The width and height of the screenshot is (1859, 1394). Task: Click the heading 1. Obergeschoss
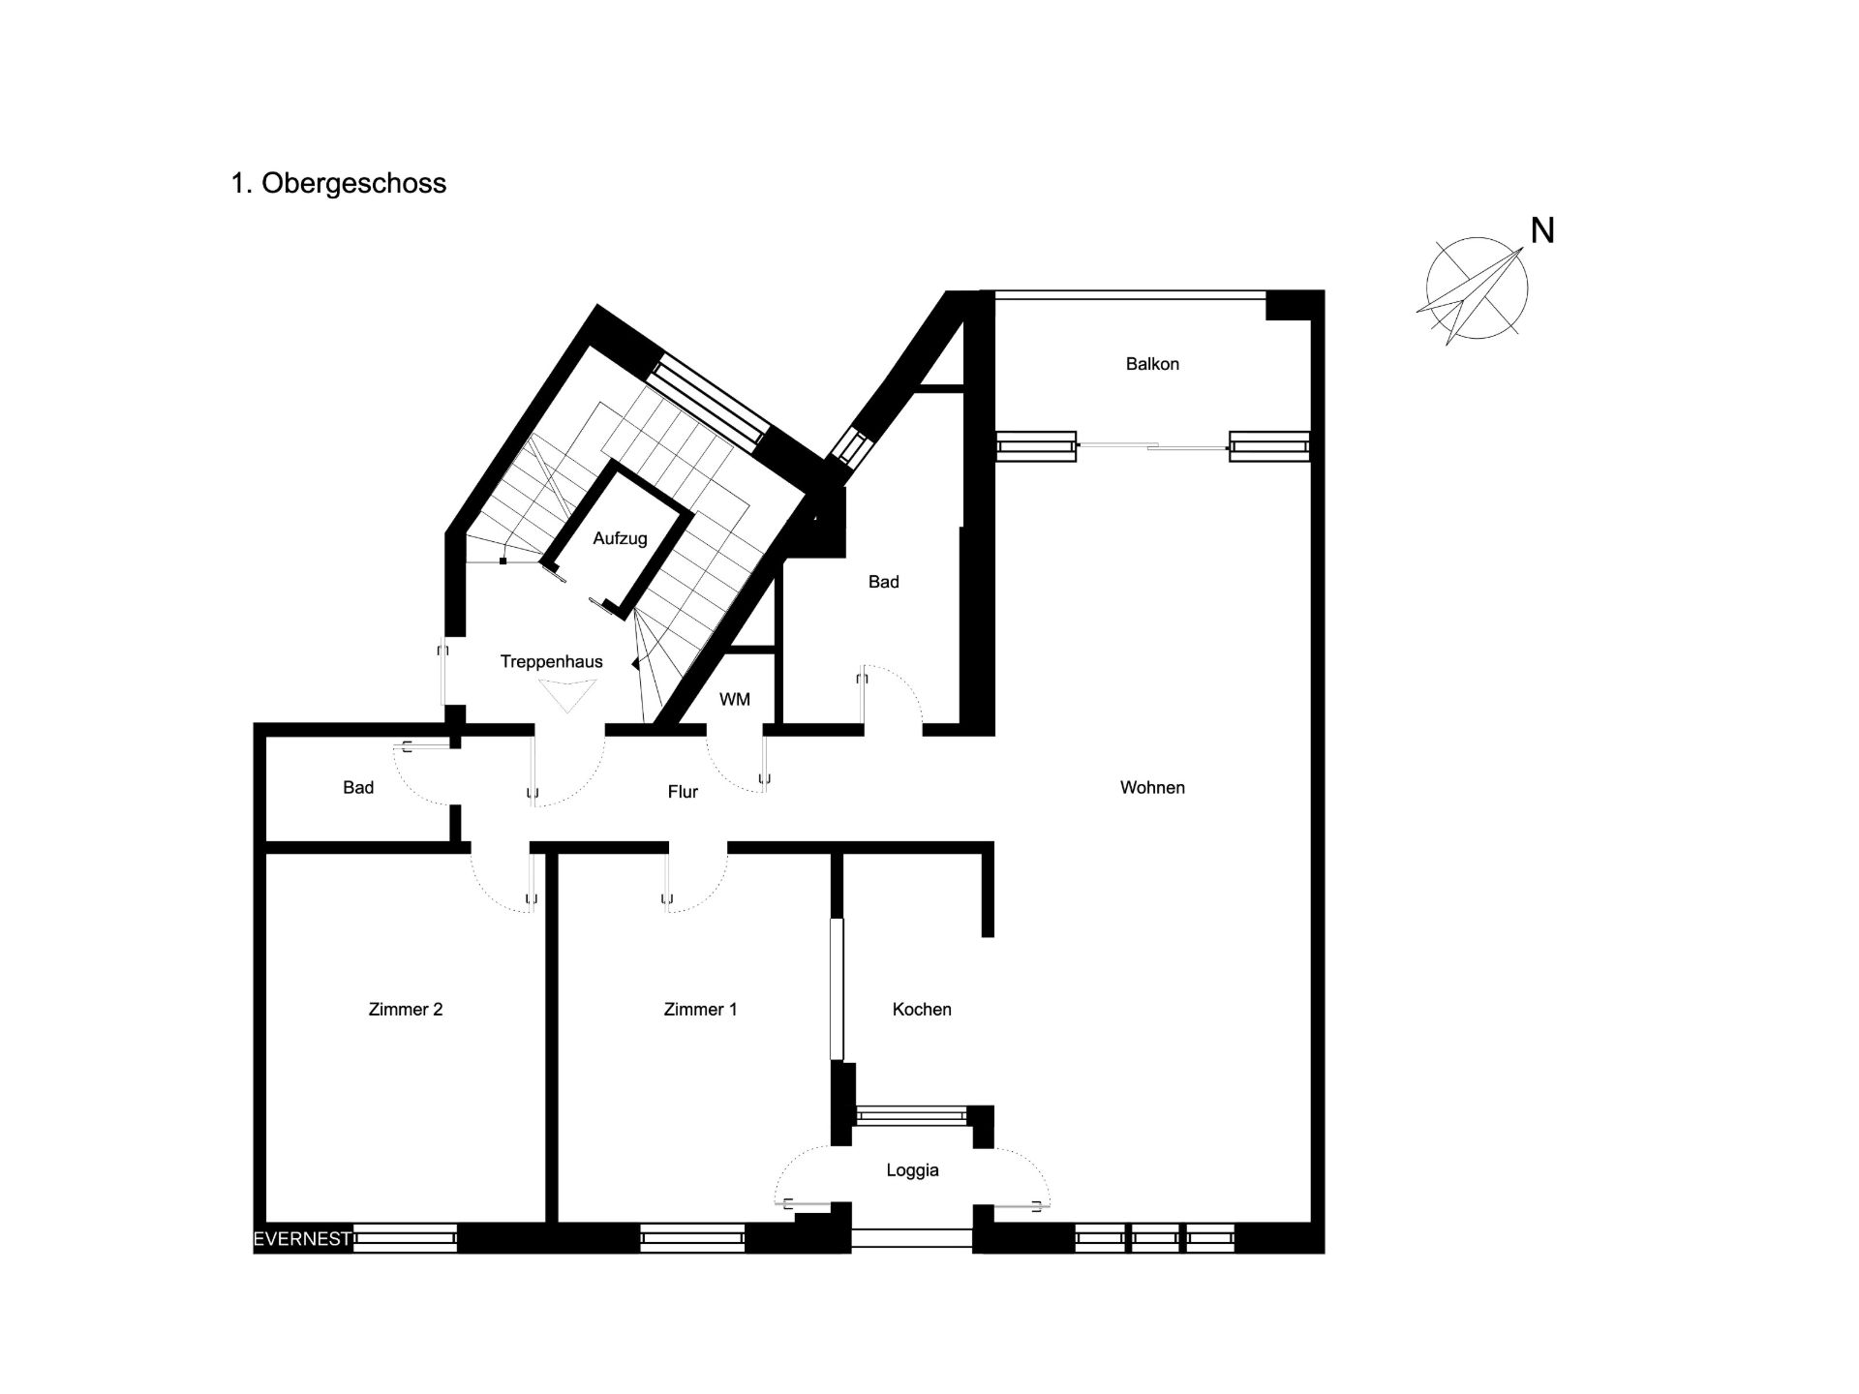click(x=339, y=184)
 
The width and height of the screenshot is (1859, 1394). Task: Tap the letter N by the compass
click(x=1542, y=230)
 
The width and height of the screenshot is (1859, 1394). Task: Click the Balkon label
click(x=1152, y=364)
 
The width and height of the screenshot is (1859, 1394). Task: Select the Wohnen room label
click(x=1152, y=787)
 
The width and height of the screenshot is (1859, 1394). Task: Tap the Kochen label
click(x=922, y=1009)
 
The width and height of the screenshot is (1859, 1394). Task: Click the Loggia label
click(x=912, y=1170)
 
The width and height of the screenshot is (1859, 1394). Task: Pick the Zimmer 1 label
click(x=700, y=1009)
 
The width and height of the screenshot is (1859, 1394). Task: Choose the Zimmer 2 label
click(x=406, y=1009)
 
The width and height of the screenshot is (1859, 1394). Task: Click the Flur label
click(x=683, y=792)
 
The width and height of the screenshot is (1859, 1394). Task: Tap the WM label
click(x=735, y=699)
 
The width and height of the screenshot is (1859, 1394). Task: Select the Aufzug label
click(x=620, y=538)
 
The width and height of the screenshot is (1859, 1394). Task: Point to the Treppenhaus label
click(x=551, y=661)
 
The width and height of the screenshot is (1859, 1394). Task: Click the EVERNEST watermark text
click(x=302, y=1239)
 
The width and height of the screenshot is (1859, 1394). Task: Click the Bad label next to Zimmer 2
click(x=358, y=787)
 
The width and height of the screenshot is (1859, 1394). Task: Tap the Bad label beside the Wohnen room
click(x=883, y=582)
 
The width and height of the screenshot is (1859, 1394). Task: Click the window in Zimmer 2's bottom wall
click(x=405, y=1238)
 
